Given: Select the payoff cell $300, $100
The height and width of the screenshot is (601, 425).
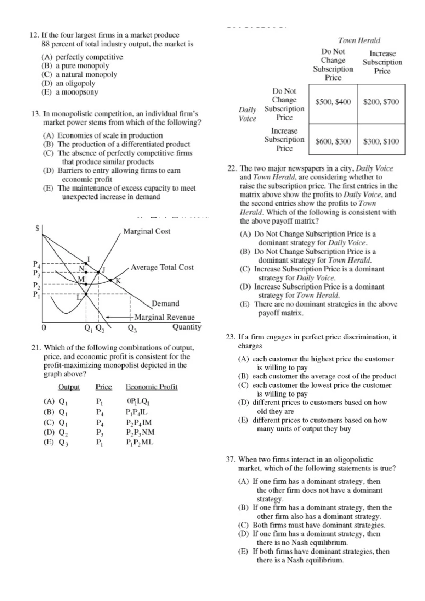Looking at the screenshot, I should pos(381,142).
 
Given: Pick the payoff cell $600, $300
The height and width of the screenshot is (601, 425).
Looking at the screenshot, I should pos(333,142).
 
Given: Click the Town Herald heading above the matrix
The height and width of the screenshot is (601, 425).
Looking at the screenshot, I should pos(359,40).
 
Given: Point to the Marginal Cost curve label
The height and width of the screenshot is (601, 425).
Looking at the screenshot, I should pos(147,231).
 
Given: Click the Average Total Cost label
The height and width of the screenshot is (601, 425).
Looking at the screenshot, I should pos(162,268).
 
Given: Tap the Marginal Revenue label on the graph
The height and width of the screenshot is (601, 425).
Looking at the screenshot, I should pos(164,317).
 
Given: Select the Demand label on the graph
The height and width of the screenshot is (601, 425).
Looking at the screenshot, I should pos(165,304).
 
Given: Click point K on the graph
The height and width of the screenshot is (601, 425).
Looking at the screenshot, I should pos(118,281).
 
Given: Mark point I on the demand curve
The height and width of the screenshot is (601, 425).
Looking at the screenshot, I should pos(89,259).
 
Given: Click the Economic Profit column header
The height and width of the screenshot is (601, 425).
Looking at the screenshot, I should pos(152,387).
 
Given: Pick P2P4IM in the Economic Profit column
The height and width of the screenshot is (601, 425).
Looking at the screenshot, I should pos(139,422).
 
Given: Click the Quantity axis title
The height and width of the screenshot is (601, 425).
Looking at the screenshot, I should pos(187,327).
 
